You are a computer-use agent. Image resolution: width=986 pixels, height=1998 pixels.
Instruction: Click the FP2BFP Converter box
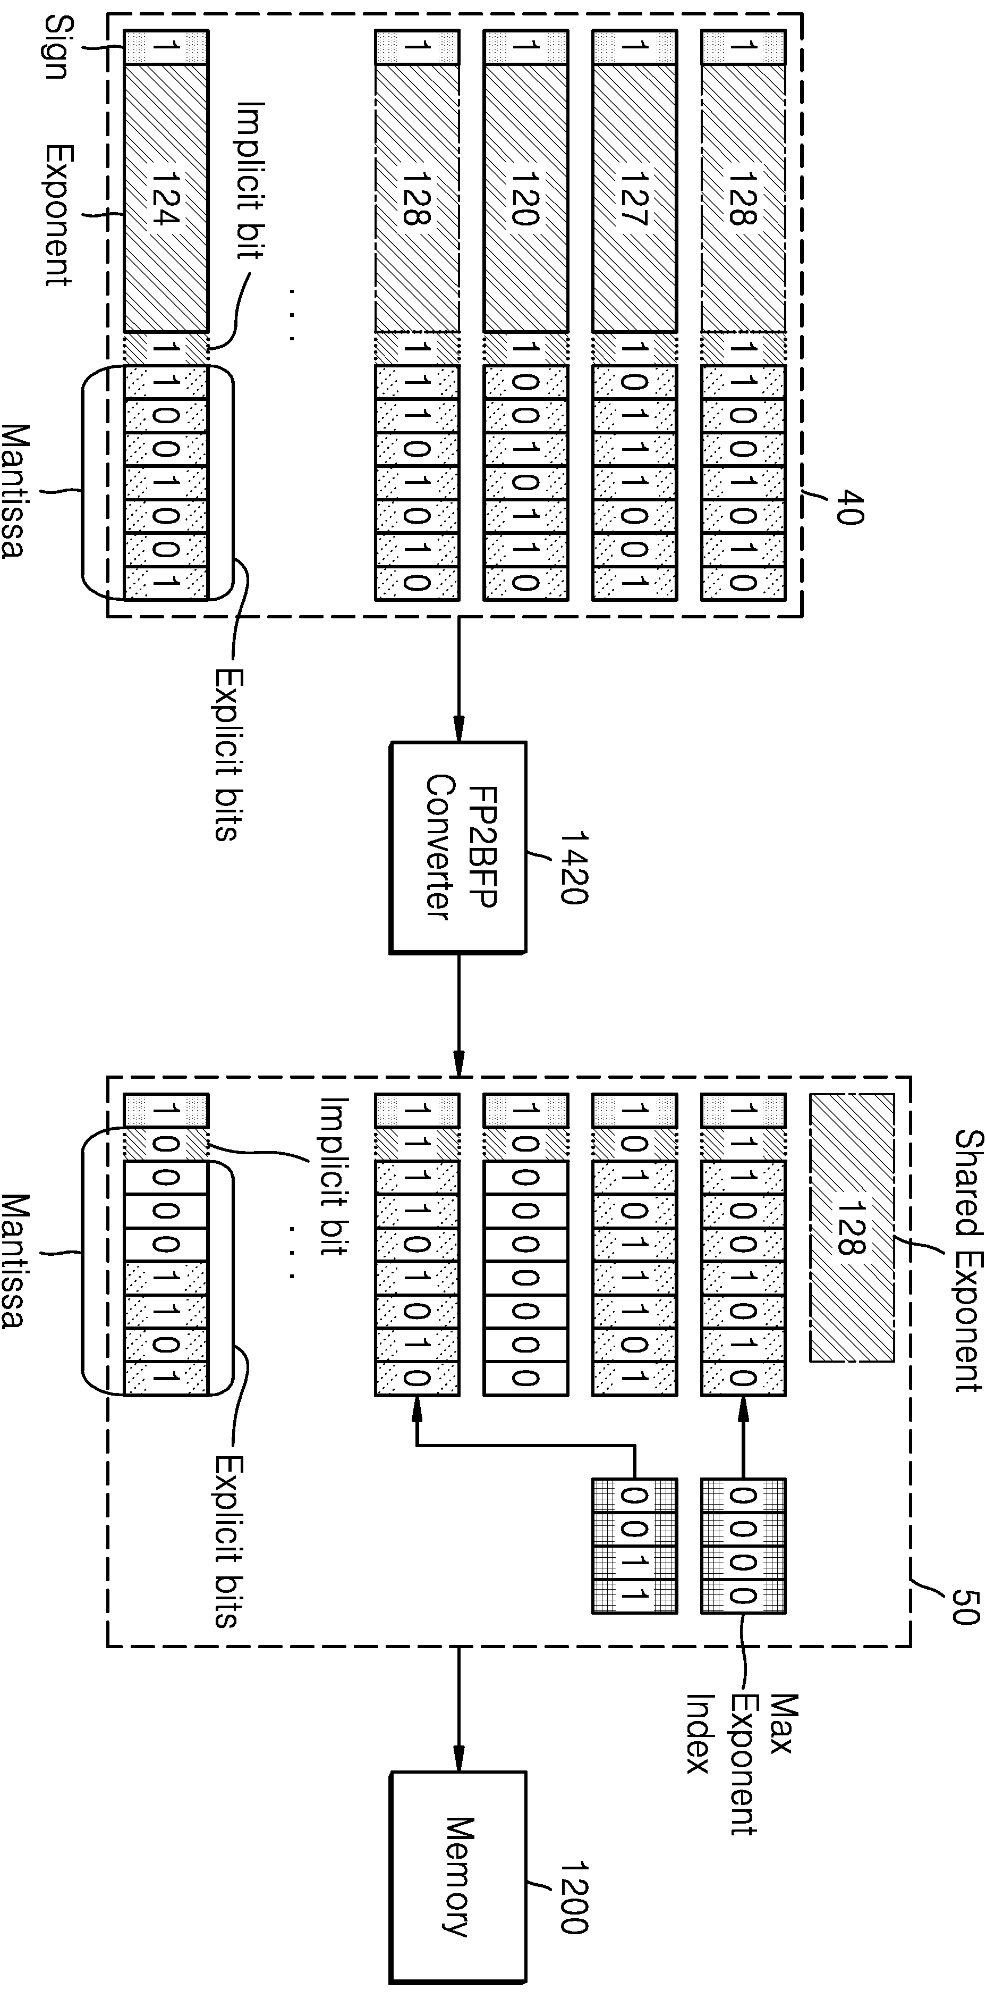[457, 847]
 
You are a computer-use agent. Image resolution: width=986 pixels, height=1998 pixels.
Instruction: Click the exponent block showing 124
[166, 198]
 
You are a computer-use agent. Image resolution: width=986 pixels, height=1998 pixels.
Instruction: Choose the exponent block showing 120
[525, 198]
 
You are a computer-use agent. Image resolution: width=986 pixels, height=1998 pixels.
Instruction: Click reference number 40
[849, 507]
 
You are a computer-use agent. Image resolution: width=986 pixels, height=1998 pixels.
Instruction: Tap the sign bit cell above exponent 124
[166, 47]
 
